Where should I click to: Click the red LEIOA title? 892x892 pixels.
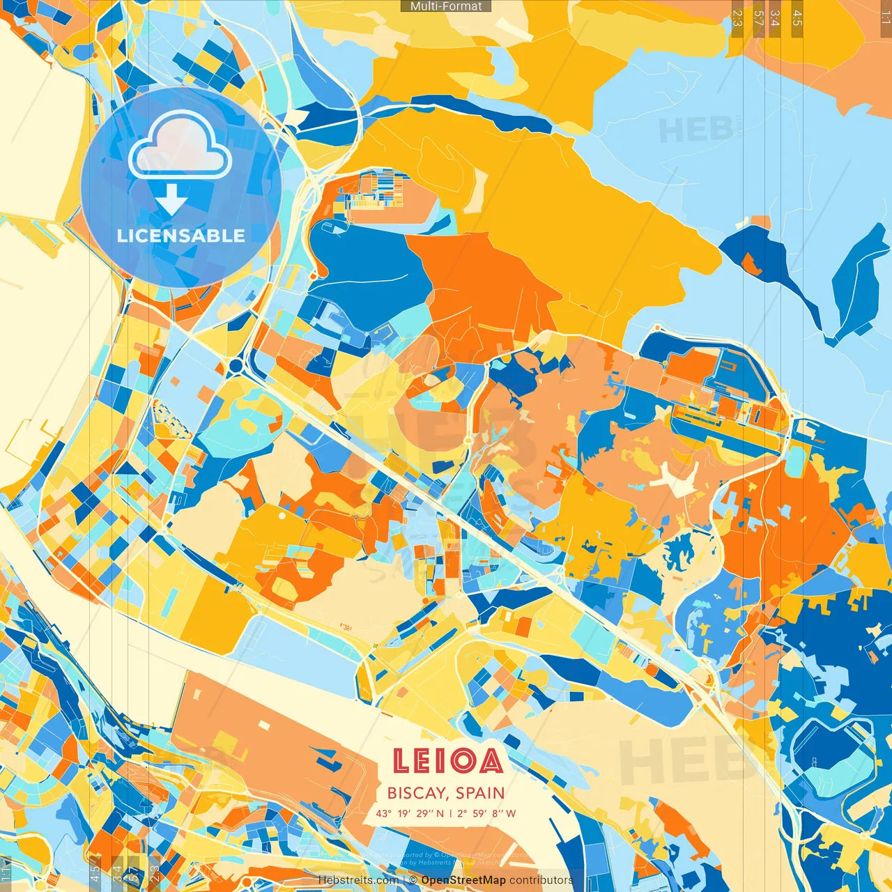[x=447, y=761]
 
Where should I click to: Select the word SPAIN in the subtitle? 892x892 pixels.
[x=481, y=793]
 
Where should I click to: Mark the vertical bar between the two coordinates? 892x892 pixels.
[x=450, y=813]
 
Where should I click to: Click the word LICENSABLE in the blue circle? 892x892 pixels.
[x=181, y=236]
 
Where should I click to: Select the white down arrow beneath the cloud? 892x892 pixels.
[x=171, y=201]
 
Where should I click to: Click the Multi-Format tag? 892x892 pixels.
[x=446, y=6]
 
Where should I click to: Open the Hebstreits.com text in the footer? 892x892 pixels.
[x=358, y=880]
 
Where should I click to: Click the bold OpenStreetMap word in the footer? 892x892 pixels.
[x=463, y=880]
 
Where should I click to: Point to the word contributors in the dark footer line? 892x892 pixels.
[x=541, y=880]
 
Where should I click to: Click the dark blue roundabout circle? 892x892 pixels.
[x=236, y=365]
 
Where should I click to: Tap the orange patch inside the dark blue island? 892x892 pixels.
[x=749, y=264]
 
